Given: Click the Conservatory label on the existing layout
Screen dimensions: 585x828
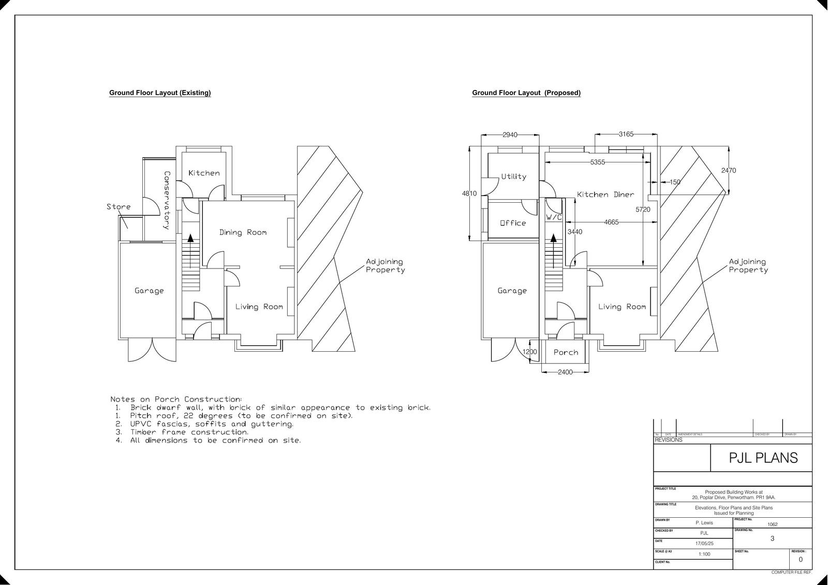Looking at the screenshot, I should tap(167, 200).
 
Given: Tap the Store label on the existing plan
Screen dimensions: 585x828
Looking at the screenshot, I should tap(119, 207).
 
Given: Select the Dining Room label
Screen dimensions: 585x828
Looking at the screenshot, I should tap(243, 232).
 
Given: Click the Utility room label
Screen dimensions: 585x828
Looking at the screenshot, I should tap(513, 176).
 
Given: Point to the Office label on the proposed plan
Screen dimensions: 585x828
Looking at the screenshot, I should tap(513, 223).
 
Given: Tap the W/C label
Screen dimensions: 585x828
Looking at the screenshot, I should tap(554, 218).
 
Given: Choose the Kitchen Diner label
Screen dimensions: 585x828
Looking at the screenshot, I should tap(605, 194).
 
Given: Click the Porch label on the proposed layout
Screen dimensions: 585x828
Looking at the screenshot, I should tap(566, 352).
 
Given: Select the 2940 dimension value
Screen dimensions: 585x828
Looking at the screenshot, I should tap(510, 135).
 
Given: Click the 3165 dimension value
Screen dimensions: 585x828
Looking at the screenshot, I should tap(626, 134).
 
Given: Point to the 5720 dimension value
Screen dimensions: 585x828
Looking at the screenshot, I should tap(643, 209).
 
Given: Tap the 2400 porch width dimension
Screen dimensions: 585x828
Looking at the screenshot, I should tap(565, 372).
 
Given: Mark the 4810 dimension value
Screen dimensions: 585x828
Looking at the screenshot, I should tap(469, 193).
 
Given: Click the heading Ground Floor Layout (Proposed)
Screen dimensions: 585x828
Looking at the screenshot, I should tap(526, 93).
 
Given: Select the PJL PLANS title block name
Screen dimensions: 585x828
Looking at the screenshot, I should tap(763, 458).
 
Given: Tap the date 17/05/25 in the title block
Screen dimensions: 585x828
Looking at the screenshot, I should tap(704, 544).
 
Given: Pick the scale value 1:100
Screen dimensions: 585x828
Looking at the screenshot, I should tap(704, 554).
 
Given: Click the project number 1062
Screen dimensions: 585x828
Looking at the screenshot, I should tap(772, 524).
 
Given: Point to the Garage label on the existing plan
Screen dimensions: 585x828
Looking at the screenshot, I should tap(149, 291).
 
